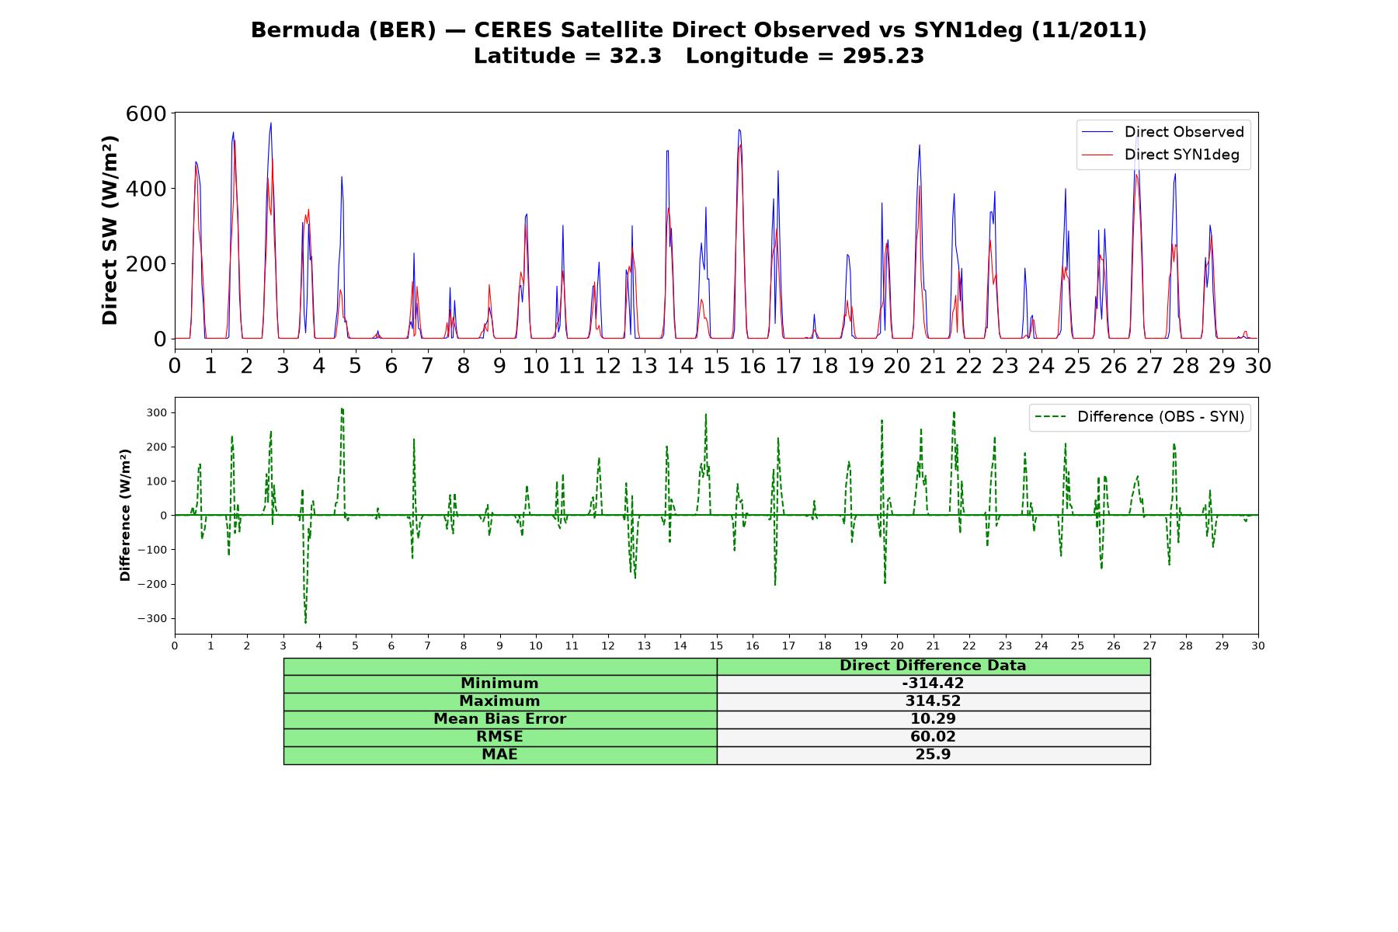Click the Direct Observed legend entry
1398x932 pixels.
click(1163, 132)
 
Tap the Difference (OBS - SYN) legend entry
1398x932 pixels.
click(1139, 417)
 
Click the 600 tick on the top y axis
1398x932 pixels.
click(146, 114)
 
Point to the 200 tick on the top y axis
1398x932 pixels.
click(146, 264)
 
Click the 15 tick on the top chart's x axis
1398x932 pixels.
click(716, 365)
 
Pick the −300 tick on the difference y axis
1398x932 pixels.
click(151, 619)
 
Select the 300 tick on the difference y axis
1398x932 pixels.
click(156, 412)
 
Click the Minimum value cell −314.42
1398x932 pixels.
click(933, 683)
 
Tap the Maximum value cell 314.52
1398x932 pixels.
click(933, 701)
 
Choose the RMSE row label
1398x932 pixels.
click(499, 737)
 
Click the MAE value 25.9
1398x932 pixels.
click(933, 755)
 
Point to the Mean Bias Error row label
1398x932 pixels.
click(499, 719)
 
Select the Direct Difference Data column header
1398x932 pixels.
click(933, 666)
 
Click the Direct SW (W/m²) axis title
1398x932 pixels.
click(110, 231)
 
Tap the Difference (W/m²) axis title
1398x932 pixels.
click(125, 515)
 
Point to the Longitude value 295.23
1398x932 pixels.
click(883, 56)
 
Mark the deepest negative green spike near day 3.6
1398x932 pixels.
click(305, 622)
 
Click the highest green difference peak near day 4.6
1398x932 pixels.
click(342, 409)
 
